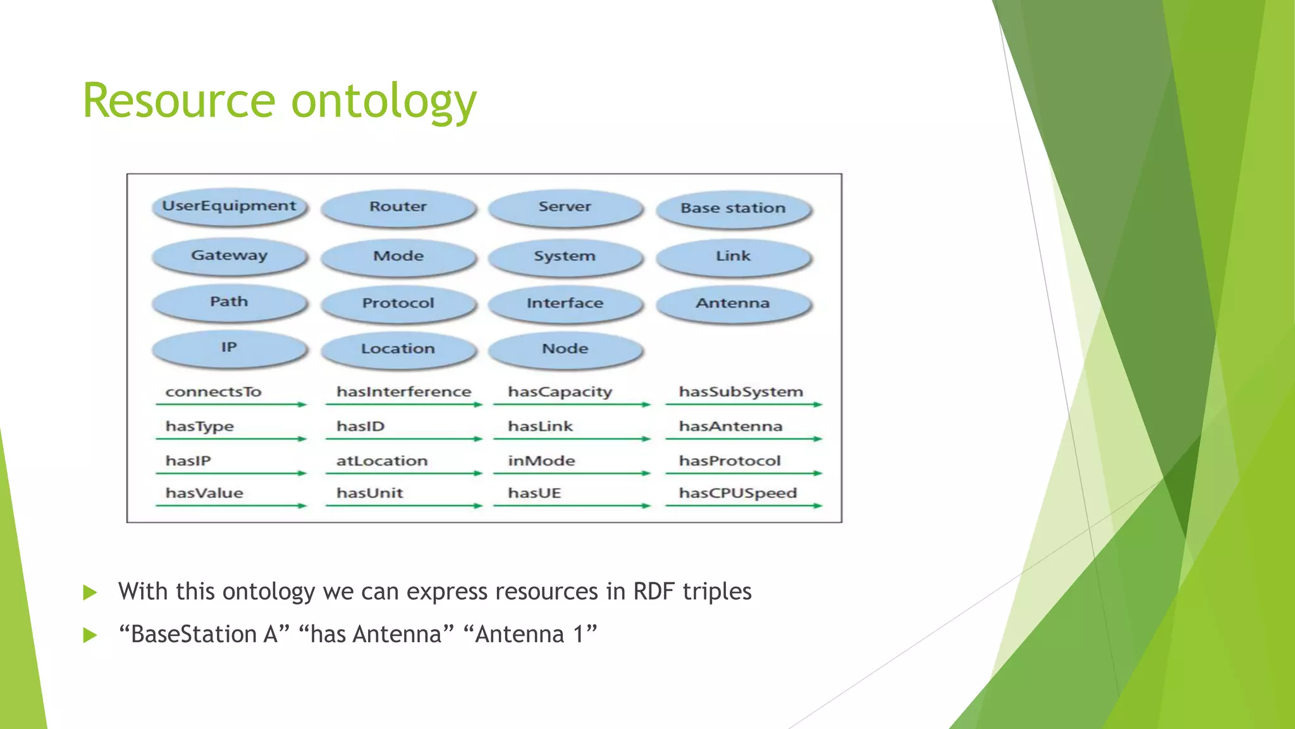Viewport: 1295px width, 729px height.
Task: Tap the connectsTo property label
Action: [213, 392]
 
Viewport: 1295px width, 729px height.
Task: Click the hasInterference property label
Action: [403, 392]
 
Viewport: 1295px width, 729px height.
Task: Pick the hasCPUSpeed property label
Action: [737, 493]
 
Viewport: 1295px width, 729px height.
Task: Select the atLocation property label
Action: [381, 461]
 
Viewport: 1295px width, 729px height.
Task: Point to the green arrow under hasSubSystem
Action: [743, 404]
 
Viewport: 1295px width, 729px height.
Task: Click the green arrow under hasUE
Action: [571, 506]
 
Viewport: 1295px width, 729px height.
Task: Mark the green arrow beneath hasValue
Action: [231, 506]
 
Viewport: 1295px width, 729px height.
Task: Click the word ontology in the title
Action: [383, 101]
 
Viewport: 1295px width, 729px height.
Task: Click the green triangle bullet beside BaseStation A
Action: [90, 635]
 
